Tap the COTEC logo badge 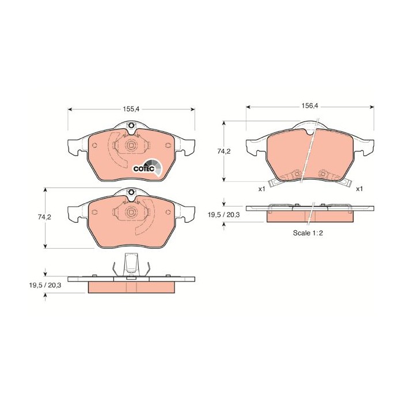(x=144, y=168)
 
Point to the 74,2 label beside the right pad (x=223, y=151)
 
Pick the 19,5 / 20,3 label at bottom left (x=45, y=284)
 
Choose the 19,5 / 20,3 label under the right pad (x=224, y=214)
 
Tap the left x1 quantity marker (x=261, y=189)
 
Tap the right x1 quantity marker (x=360, y=189)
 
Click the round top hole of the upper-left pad (x=131, y=127)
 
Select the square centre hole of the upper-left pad (x=131, y=145)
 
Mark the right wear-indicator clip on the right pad (x=325, y=175)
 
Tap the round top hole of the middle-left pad (x=131, y=192)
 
